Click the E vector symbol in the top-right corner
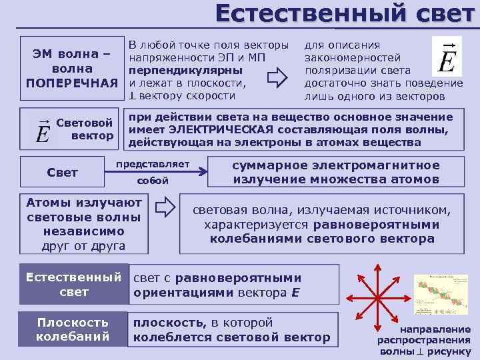pyautogui.click(x=447, y=57)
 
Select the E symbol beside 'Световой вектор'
pyautogui.click(x=43, y=131)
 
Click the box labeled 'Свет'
pyautogui.click(x=63, y=173)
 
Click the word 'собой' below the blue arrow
pyautogui.click(x=153, y=181)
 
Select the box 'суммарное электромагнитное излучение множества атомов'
pyautogui.click(x=335, y=172)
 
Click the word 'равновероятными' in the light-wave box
pyautogui.click(x=376, y=225)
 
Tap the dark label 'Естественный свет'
pyautogui.click(x=74, y=285)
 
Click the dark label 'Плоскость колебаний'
pyautogui.click(x=73, y=329)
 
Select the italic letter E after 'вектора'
pyautogui.click(x=295, y=292)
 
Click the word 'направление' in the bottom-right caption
pyautogui.click(x=435, y=329)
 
